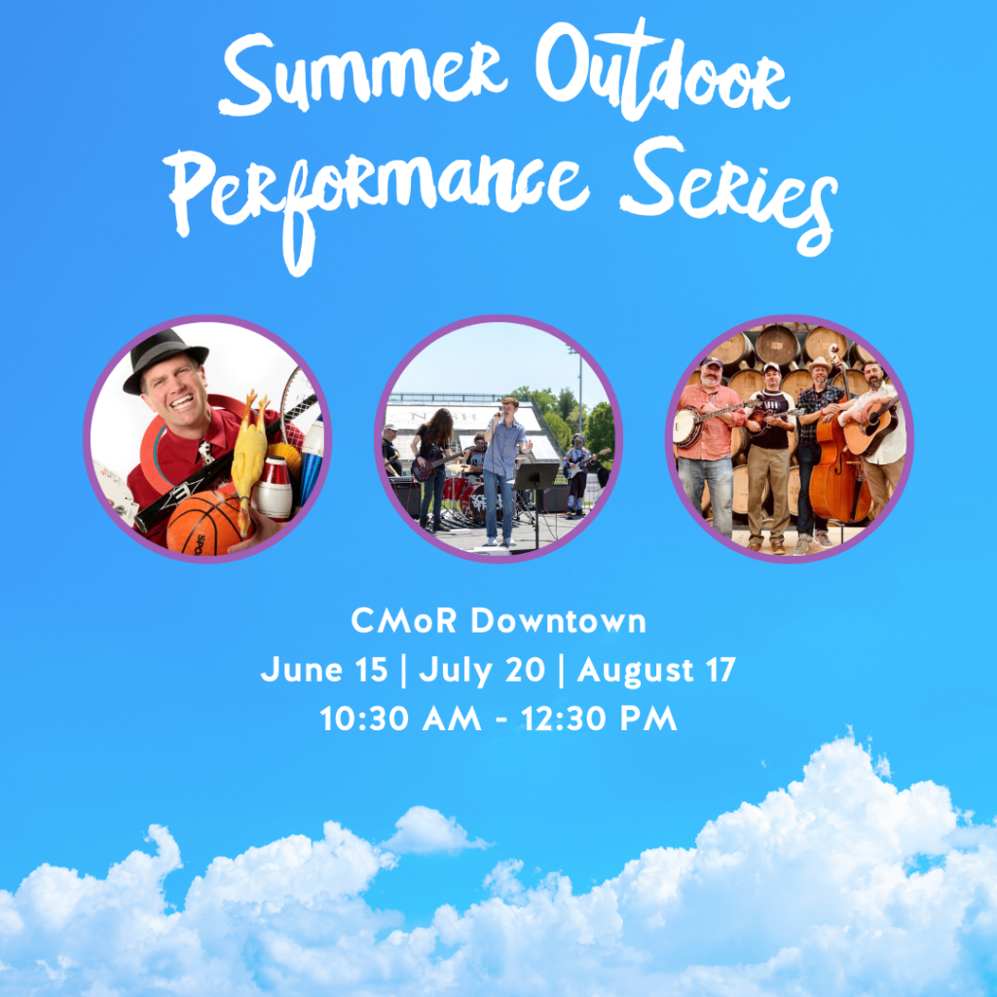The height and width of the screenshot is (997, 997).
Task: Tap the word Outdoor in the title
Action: coord(662,70)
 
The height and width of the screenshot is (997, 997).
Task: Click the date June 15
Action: coord(324,671)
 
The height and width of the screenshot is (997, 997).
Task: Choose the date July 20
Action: coord(482,671)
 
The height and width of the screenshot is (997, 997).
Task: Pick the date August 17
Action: coord(656,671)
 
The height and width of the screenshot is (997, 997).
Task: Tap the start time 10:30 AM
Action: coord(400,719)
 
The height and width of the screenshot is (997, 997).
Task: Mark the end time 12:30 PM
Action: coord(599,719)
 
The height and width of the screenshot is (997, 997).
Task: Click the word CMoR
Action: coord(404,620)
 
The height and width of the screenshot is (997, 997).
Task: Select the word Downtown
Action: coord(558,620)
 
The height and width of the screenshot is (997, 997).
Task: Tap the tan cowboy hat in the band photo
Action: coord(819,364)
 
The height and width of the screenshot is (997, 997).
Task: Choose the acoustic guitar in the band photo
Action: coord(871,426)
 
